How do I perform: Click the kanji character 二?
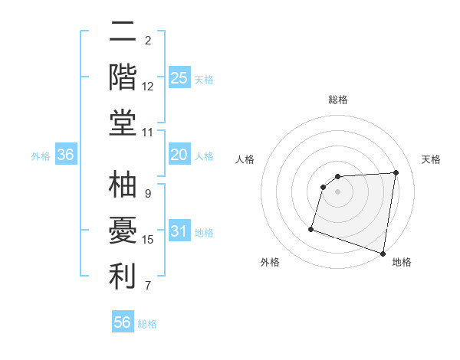123,34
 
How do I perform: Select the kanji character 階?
123,79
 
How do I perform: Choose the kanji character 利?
123,277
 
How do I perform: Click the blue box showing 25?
179,77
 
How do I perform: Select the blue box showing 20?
179,155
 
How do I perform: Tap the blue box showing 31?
179,232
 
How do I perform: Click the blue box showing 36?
66,155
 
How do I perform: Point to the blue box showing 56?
123,322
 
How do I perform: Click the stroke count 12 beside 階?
148,87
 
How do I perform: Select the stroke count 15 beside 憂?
148,240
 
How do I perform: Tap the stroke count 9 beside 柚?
148,193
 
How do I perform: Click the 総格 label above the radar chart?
338,100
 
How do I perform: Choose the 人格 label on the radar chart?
245,159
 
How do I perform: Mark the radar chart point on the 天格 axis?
396,172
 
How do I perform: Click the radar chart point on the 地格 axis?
383,253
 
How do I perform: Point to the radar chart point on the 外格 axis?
311,228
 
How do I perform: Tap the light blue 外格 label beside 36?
41,155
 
